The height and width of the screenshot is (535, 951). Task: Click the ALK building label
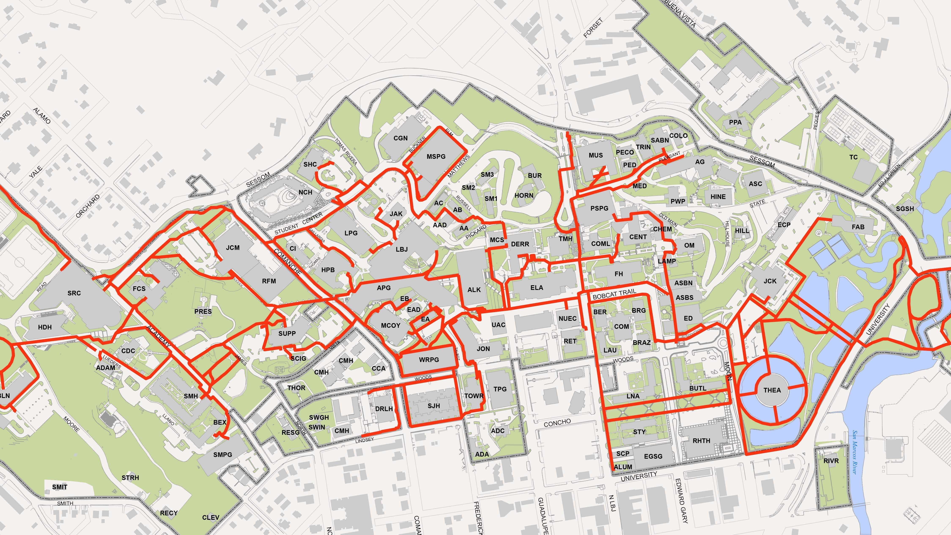tap(474, 290)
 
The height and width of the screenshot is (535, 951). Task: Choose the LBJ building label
tap(402, 249)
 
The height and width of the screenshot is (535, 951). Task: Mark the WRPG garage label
tap(429, 360)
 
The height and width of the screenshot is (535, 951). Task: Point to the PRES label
tap(203, 311)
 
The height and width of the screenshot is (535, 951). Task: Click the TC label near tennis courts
tap(853, 157)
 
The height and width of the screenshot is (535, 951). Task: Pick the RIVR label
tap(831, 461)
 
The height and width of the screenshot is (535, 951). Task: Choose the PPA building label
tap(735, 122)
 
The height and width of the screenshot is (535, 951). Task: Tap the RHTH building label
tap(701, 440)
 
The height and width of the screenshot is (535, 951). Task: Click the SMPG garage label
tap(223, 454)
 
